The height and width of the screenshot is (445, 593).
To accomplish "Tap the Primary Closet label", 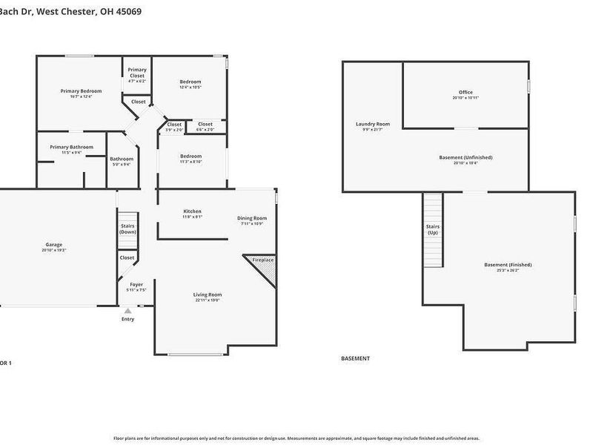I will pyautogui.click(x=137, y=73).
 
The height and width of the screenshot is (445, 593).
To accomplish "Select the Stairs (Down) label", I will pyautogui.click(x=128, y=229).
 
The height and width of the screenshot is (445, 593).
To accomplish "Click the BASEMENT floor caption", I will pyautogui.click(x=355, y=358).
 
